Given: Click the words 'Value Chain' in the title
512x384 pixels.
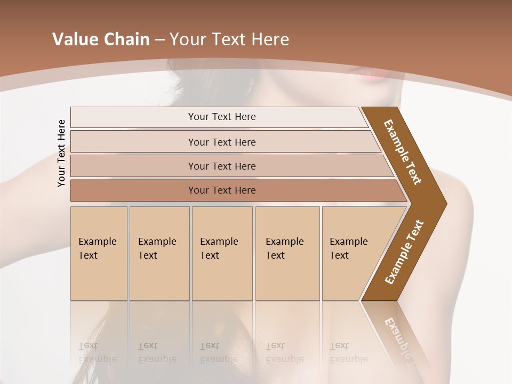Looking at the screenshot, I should tap(101, 39).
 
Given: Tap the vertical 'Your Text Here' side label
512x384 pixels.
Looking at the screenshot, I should tap(61, 153).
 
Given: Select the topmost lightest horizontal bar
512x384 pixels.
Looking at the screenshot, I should tap(221, 117).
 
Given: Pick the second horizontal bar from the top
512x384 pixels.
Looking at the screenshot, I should tap(222, 142).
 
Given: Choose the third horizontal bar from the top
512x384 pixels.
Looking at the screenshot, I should tap(222, 166).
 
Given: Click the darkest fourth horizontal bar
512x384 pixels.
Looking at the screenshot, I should tap(222, 190).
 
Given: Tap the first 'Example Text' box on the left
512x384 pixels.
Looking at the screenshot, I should tap(99, 253).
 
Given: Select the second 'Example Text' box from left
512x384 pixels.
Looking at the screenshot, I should tap(159, 253).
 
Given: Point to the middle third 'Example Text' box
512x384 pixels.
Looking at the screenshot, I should tap(222, 253).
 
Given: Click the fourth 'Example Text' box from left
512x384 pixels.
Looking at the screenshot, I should tap(287, 253).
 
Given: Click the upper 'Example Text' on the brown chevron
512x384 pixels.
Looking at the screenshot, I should tap(403, 151).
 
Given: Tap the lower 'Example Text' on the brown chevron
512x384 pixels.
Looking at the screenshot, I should tap(404, 252).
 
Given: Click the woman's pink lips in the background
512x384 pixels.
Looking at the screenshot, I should tap(368, 74).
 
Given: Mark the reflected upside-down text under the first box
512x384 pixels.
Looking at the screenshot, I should tap(98, 353).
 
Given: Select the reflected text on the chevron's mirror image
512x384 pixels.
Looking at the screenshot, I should tap(400, 336).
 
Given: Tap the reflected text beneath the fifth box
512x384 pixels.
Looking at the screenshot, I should tap(349, 353).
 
